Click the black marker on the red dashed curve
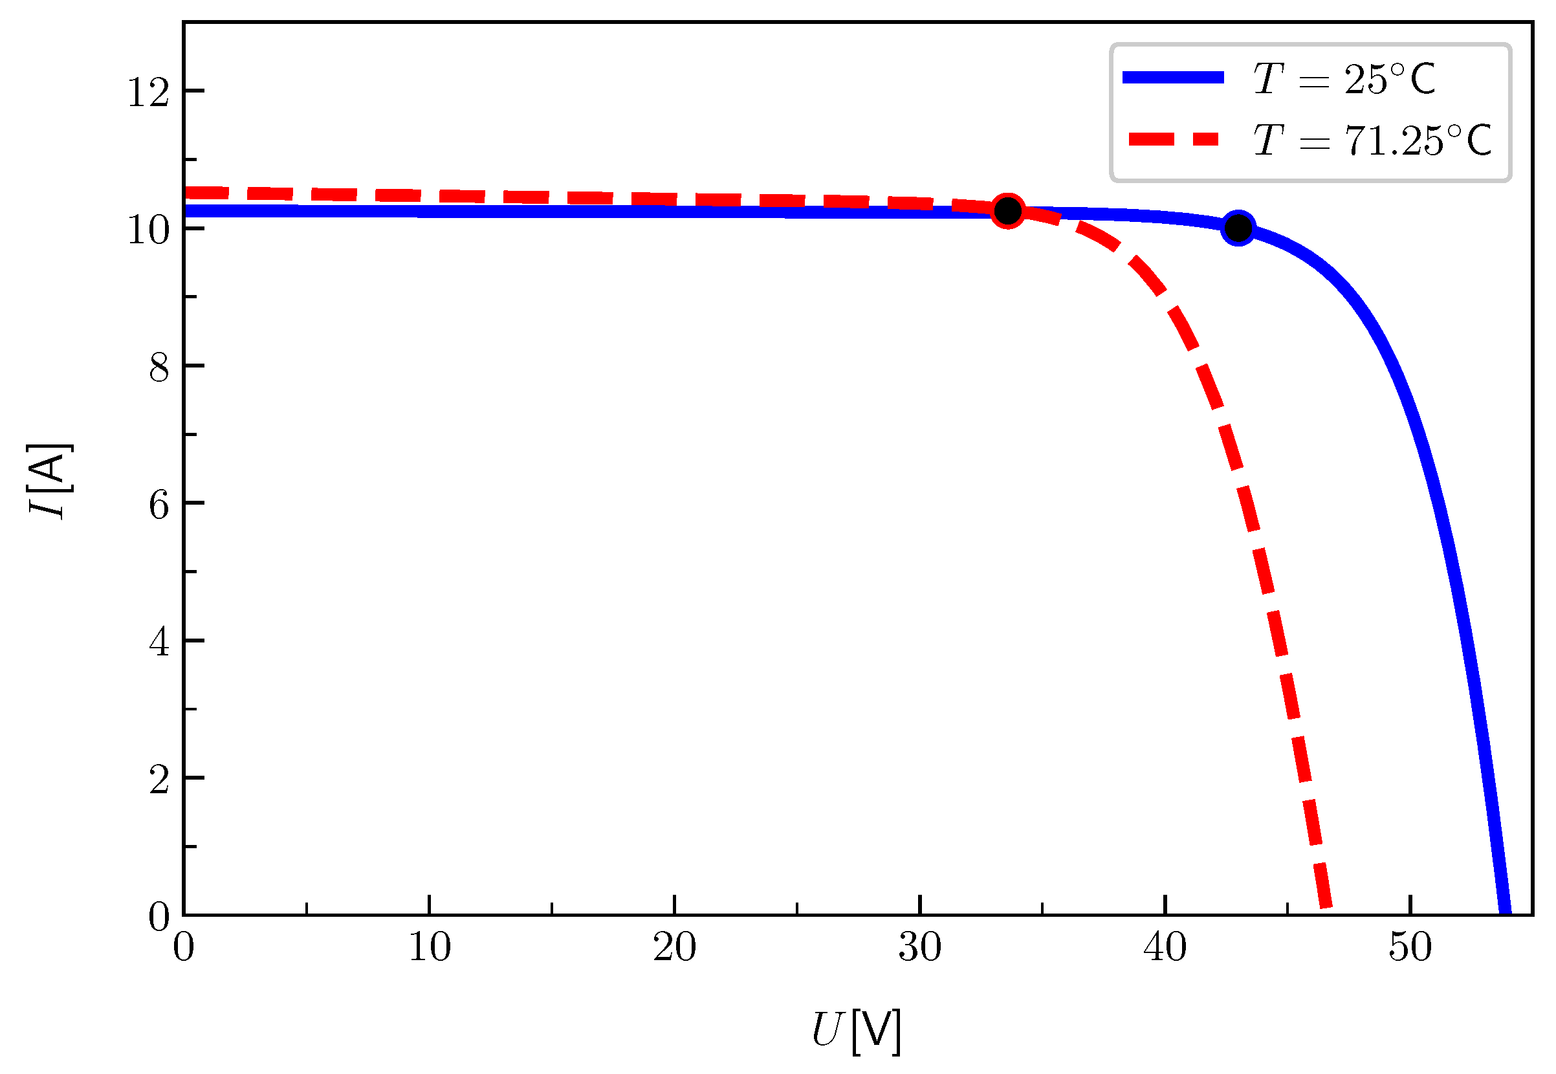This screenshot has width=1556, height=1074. pyautogui.click(x=1008, y=212)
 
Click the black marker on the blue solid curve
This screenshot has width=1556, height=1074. pyautogui.click(x=1238, y=228)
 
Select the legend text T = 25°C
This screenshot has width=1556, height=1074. pyautogui.click(x=1344, y=79)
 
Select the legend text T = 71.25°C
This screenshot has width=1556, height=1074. pyautogui.click(x=1372, y=140)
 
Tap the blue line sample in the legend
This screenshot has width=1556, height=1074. pyautogui.click(x=1173, y=78)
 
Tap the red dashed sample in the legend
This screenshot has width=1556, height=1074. pyautogui.click(x=1173, y=139)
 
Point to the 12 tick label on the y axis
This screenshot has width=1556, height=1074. pyautogui.click(x=148, y=92)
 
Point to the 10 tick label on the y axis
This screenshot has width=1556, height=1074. pyautogui.click(x=148, y=230)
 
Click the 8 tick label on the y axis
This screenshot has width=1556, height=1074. pyautogui.click(x=159, y=367)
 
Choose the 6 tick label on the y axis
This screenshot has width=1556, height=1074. pyautogui.click(x=159, y=505)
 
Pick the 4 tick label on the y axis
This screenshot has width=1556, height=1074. pyautogui.click(x=159, y=642)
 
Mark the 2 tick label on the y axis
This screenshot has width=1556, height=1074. pyautogui.click(x=159, y=780)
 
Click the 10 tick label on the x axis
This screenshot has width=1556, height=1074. pyautogui.click(x=429, y=947)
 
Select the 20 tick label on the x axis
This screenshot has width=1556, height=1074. pyautogui.click(x=674, y=947)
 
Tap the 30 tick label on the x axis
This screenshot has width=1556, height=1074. pyautogui.click(x=919, y=947)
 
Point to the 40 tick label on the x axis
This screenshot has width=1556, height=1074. pyautogui.click(x=1165, y=947)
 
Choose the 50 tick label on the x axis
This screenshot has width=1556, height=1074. pyautogui.click(x=1410, y=947)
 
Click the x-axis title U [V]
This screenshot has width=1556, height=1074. pyautogui.click(x=856, y=1030)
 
